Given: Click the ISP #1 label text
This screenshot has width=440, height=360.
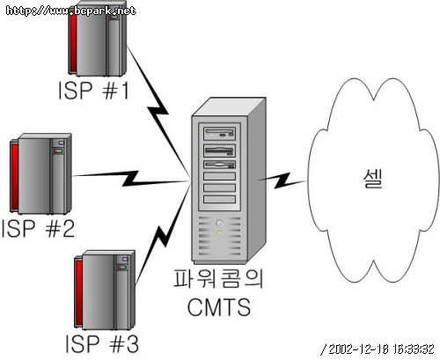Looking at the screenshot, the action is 94,90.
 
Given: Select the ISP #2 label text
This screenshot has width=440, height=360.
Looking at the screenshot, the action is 38,228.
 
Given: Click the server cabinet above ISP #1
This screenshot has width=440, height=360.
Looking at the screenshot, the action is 98,40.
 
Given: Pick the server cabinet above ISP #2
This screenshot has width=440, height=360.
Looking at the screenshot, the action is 40,173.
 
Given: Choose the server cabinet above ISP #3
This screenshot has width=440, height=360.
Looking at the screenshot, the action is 105,290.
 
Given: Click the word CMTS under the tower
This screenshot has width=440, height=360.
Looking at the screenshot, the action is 219,307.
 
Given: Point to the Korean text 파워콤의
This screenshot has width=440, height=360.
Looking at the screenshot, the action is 218,278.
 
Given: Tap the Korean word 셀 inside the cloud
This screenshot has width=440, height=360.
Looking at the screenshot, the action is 373,179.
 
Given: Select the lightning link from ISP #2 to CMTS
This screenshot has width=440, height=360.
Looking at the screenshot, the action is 130,179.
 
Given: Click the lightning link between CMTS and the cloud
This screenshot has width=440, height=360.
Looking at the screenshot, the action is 282,180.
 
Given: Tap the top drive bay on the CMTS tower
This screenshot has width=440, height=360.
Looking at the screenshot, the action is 220,134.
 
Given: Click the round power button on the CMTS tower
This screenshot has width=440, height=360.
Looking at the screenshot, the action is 219,224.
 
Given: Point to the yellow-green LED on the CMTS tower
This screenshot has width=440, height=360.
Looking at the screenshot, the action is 219,233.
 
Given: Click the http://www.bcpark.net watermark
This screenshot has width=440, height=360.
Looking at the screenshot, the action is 70,11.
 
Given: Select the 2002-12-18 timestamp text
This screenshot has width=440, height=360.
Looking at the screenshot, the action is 378,349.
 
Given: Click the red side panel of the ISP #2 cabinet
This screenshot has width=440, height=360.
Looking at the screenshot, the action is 14,175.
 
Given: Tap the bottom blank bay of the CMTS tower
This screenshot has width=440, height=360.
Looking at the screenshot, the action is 219,199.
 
